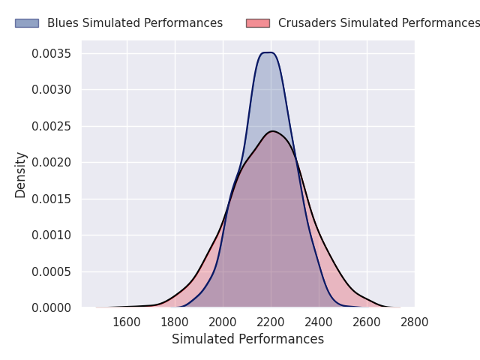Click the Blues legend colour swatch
[x=26, y=23]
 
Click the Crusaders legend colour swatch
[x=257, y=23]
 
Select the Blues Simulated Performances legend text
[x=135, y=23]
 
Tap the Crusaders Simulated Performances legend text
[x=379, y=23]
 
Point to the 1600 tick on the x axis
[x=127, y=322]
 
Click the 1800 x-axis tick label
[x=175, y=322]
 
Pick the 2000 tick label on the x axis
[x=223, y=322]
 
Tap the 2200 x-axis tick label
[x=271, y=322]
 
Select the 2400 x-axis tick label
[x=319, y=322]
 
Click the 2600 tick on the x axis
[x=367, y=322]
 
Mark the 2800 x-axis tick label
[x=415, y=322]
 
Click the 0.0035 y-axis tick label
[x=51, y=54]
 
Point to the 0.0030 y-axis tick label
[x=51, y=90]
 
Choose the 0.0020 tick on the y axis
[x=51, y=163]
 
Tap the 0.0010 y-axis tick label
[x=51, y=235]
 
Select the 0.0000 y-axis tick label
[x=51, y=307]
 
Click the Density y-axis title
[x=21, y=175]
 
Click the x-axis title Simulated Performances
[x=247, y=340]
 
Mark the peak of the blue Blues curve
[x=267, y=52]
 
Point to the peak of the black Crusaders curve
[x=273, y=131]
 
